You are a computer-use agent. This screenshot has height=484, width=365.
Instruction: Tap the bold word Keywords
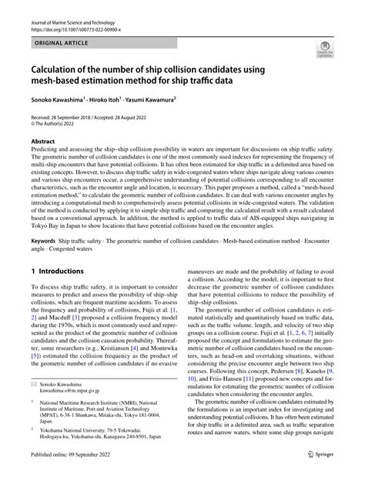(45, 241)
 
